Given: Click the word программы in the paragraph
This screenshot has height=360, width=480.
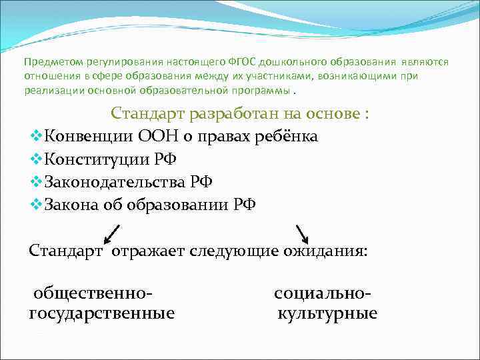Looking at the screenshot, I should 260,90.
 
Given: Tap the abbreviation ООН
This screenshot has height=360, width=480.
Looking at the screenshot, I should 161,137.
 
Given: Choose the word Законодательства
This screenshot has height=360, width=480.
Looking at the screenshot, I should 115,181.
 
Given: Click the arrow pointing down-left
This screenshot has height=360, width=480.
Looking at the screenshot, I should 111,235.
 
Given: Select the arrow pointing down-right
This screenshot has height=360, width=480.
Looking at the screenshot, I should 301,235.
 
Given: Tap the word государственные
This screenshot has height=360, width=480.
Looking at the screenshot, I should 102,313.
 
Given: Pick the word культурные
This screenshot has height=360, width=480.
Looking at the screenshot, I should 327,313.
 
